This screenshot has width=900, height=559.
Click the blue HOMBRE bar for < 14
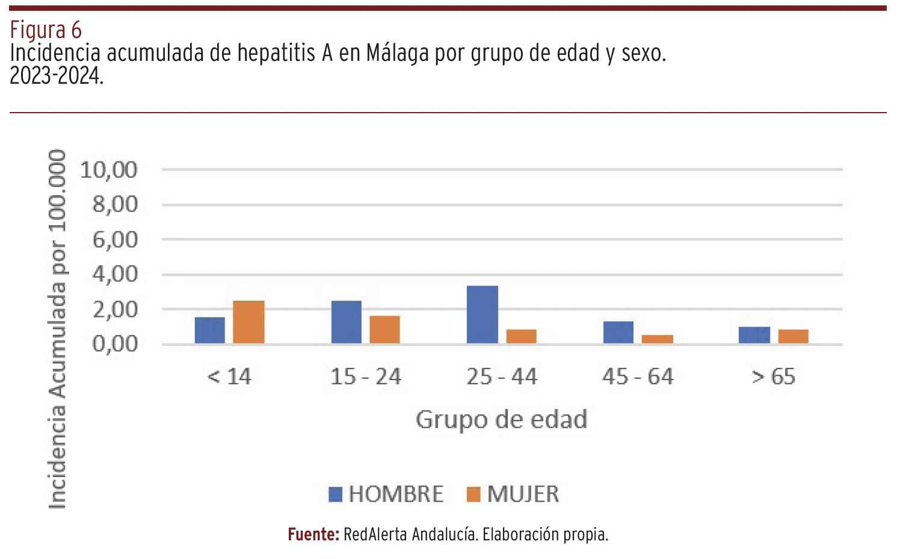pyautogui.click(x=210, y=330)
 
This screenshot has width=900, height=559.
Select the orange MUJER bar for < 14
pyautogui.click(x=248, y=322)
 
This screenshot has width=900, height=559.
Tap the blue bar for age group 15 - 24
pyautogui.click(x=347, y=322)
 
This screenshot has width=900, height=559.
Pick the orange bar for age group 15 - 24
pyautogui.click(x=385, y=329)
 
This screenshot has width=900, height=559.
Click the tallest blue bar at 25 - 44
pyautogui.click(x=482, y=314)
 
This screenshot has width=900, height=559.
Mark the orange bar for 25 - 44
pyautogui.click(x=522, y=337)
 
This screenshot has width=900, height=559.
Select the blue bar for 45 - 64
pyautogui.click(x=618, y=333)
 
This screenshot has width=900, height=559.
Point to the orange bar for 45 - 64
pyautogui.click(x=658, y=339)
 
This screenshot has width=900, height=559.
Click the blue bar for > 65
pyautogui.click(x=754, y=335)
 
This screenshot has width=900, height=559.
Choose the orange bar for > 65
pyautogui.click(x=794, y=337)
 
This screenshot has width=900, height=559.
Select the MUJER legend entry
pyautogui.click(x=513, y=495)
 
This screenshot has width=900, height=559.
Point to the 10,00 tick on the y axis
pyautogui.click(x=109, y=170)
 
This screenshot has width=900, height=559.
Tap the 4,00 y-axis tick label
pyautogui.click(x=115, y=275)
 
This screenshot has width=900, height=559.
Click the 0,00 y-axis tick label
pyautogui.click(x=115, y=345)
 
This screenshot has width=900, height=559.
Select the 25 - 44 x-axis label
pyautogui.click(x=502, y=377)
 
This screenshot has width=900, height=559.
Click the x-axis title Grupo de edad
pyautogui.click(x=501, y=420)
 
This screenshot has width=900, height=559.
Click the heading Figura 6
pyautogui.click(x=46, y=30)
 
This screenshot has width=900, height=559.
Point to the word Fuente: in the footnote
pyautogui.click(x=313, y=534)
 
